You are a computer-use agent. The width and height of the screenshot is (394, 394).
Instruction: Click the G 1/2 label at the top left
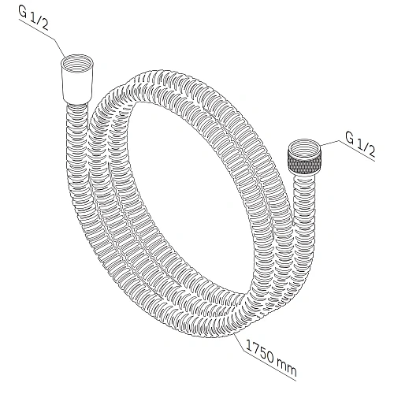click(x=33, y=18)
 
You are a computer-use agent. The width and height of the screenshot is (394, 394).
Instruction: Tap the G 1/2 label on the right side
click(x=360, y=146)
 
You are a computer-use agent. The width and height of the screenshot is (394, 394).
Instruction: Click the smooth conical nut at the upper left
click(x=77, y=80)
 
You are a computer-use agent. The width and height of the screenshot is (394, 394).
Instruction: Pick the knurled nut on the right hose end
click(x=304, y=158)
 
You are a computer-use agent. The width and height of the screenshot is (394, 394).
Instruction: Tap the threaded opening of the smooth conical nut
click(x=77, y=63)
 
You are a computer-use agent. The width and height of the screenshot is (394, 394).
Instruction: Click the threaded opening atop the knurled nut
click(x=305, y=147)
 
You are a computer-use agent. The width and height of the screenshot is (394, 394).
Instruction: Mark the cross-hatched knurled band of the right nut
click(x=305, y=165)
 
